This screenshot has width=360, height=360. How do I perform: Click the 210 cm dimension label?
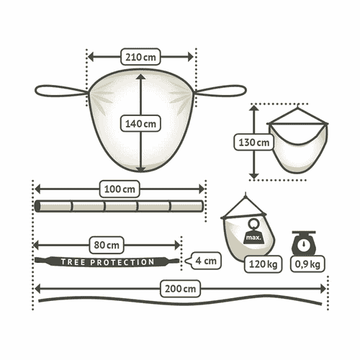pos(140,57)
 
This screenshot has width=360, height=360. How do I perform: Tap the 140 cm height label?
pos(140,124)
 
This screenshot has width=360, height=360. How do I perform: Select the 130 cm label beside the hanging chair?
pos(253,143)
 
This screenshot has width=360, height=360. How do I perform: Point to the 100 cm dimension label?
pos(120,189)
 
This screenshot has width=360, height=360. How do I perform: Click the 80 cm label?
pos(107,245)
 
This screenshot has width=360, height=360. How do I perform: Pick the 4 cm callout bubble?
pos(204,261)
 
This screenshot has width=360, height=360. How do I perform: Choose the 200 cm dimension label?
pos(180,289)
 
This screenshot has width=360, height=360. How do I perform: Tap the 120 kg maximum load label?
pos(263,264)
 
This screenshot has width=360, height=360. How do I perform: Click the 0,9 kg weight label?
pos(307,264)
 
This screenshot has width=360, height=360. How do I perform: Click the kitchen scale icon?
pos(304,243)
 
